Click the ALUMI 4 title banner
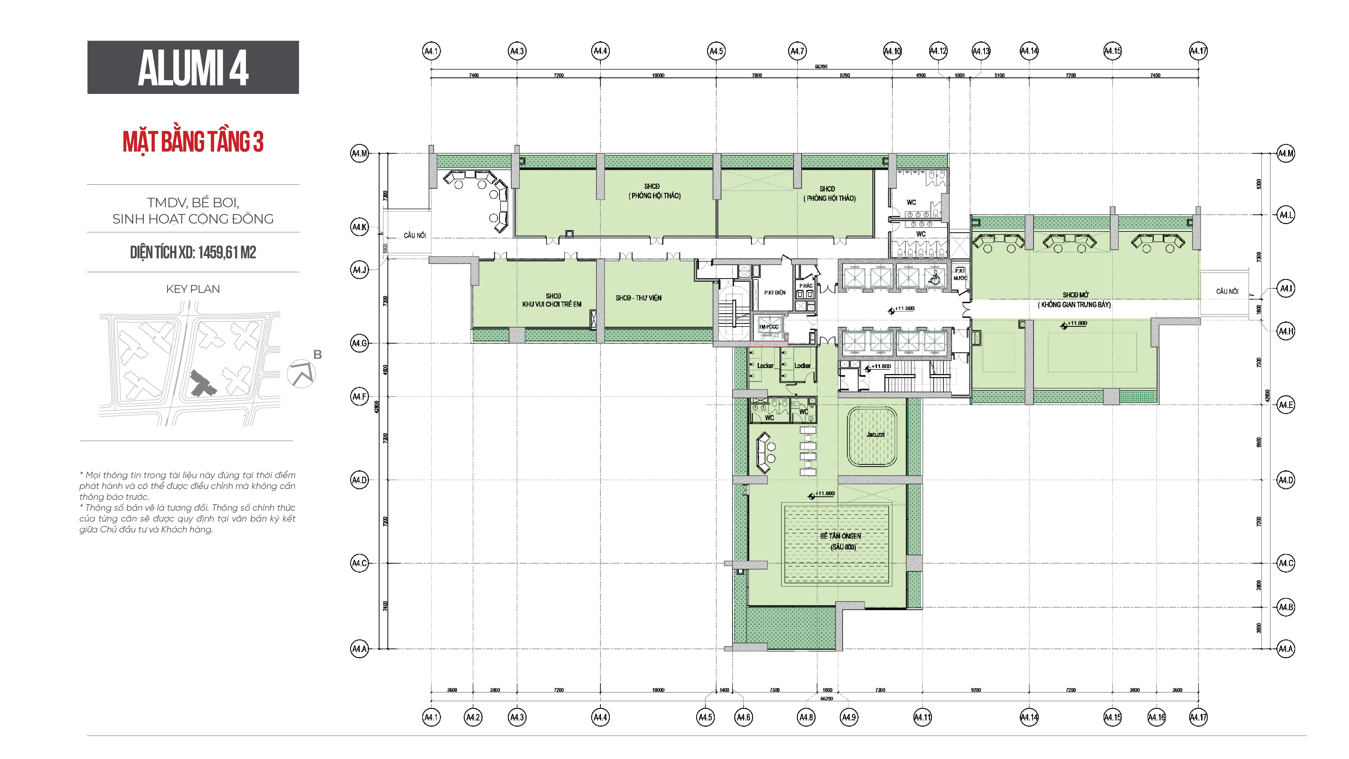pyautogui.click(x=193, y=68)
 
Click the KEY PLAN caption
pyautogui.click(x=193, y=289)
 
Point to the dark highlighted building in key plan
pyautogui.click(x=202, y=384)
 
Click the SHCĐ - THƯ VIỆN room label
pyautogui.click(x=638, y=298)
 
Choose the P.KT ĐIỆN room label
pyautogui.click(x=775, y=293)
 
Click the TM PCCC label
pyautogui.click(x=768, y=327)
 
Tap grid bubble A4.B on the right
pyautogui.click(x=1286, y=607)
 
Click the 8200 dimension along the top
pyautogui.click(x=845, y=75)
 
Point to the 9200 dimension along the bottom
pyautogui.click(x=976, y=690)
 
